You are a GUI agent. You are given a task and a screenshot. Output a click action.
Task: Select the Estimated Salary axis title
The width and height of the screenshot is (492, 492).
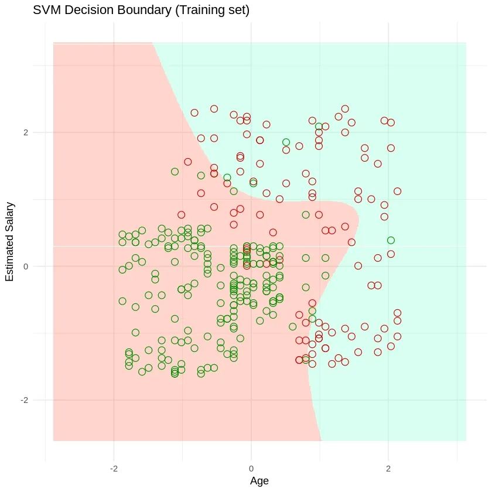point(10,241)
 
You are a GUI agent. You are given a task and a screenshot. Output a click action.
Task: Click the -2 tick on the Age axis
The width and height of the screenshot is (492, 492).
point(114,453)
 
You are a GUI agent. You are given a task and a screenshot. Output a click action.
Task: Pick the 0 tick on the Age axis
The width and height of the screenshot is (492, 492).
point(251,453)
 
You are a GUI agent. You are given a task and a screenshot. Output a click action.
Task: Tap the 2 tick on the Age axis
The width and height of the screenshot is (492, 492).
point(388,453)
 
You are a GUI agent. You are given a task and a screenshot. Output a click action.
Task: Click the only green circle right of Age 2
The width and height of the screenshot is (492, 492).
point(391,240)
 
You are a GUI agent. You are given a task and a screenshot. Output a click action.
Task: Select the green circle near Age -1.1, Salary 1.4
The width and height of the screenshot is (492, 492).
point(175,172)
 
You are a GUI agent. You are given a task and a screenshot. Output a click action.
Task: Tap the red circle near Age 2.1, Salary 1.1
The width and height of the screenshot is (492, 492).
point(397,191)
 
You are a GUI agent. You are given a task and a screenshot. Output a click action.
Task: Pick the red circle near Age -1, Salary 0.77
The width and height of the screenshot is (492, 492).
point(182,215)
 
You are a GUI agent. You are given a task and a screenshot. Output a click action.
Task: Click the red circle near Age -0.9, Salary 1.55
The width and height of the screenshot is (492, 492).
point(188,162)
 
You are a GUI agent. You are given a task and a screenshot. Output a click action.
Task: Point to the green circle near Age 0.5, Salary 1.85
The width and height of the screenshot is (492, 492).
point(286,142)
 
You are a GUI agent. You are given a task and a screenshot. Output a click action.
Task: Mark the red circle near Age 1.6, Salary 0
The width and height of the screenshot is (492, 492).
point(358,266)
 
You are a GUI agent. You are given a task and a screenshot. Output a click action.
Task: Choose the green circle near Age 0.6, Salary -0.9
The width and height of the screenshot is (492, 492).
point(293,327)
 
